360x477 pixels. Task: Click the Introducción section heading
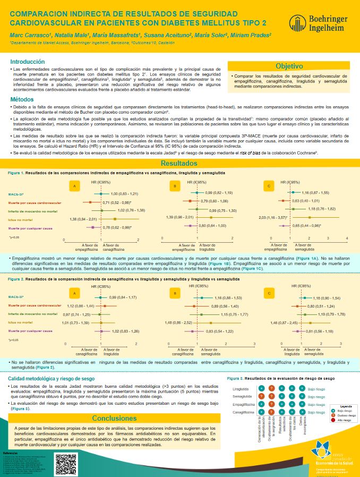pyautogui.click(x=28, y=61)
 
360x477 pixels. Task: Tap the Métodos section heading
pyautogui.click(x=22, y=99)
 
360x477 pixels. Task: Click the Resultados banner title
pyautogui.click(x=180, y=164)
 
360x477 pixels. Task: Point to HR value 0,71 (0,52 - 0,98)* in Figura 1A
pyautogui.click(x=116, y=202)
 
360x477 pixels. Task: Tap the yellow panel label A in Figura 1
pyautogui.click(x=75, y=186)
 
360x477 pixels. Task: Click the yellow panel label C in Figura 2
pyautogui.click(x=270, y=293)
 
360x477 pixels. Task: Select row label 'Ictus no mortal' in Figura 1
pyautogui.click(x=21, y=218)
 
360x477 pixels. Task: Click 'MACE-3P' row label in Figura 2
pyautogui.click(x=19, y=297)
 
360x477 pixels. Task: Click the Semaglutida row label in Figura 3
pyautogui.click(x=242, y=397)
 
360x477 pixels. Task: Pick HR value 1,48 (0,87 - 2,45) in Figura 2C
pyautogui.click(x=284, y=322)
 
